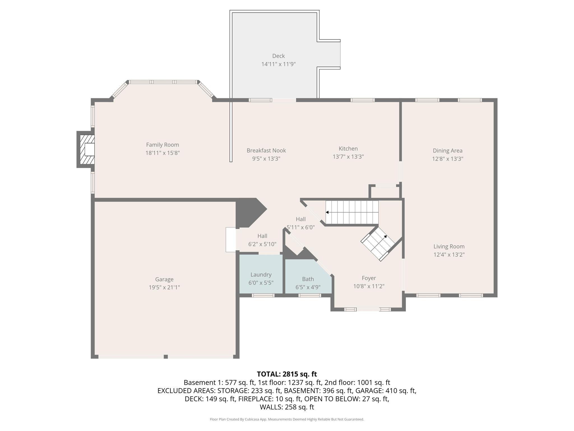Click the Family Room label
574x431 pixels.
pyautogui.click(x=162, y=145)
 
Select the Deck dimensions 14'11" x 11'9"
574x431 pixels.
pyautogui.click(x=278, y=64)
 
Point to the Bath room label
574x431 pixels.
pyautogui.click(x=308, y=279)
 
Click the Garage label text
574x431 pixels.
pyautogui.click(x=164, y=279)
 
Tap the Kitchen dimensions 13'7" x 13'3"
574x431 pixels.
pyautogui.click(x=348, y=157)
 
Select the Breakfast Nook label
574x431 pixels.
pyautogui.click(x=266, y=151)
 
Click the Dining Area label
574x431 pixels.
pyautogui.click(x=447, y=151)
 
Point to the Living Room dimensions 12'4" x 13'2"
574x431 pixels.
pyautogui.click(x=449, y=255)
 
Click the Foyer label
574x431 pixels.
pyautogui.click(x=369, y=278)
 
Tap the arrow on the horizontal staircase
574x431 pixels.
pyautogui.click(x=327, y=212)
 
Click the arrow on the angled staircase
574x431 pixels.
pyautogui.click(x=386, y=237)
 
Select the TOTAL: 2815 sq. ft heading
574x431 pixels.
pyautogui.click(x=287, y=374)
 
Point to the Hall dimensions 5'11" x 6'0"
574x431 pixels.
pyautogui.click(x=300, y=228)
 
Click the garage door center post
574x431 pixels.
pyautogui.click(x=166, y=357)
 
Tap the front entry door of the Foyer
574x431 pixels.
pyautogui.click(x=368, y=309)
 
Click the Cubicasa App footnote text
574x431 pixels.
pyautogui.click(x=287, y=419)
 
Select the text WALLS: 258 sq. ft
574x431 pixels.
pyautogui.click(x=287, y=407)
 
